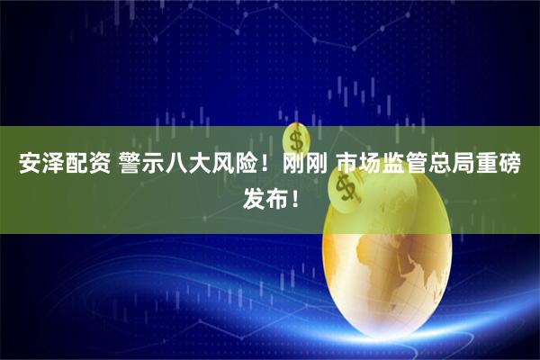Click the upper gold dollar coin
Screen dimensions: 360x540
click(x=297, y=139)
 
